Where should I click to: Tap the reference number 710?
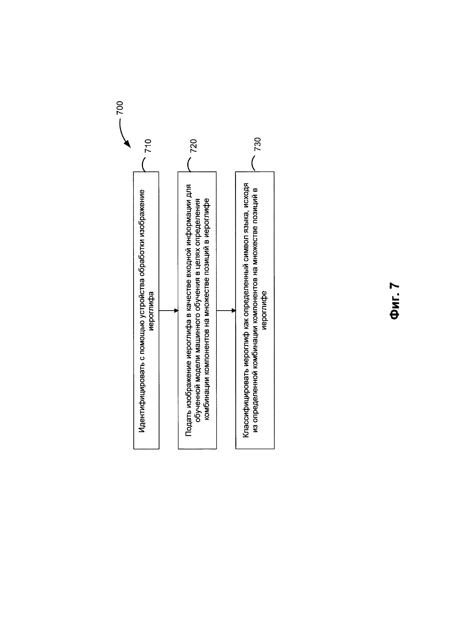pyautogui.click(x=148, y=146)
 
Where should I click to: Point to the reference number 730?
pyautogui.click(x=257, y=144)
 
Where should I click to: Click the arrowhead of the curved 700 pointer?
pyautogui.click(x=128, y=144)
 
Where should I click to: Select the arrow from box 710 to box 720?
pyautogui.click(x=168, y=311)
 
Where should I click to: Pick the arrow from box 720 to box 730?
pyautogui.click(x=226, y=311)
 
